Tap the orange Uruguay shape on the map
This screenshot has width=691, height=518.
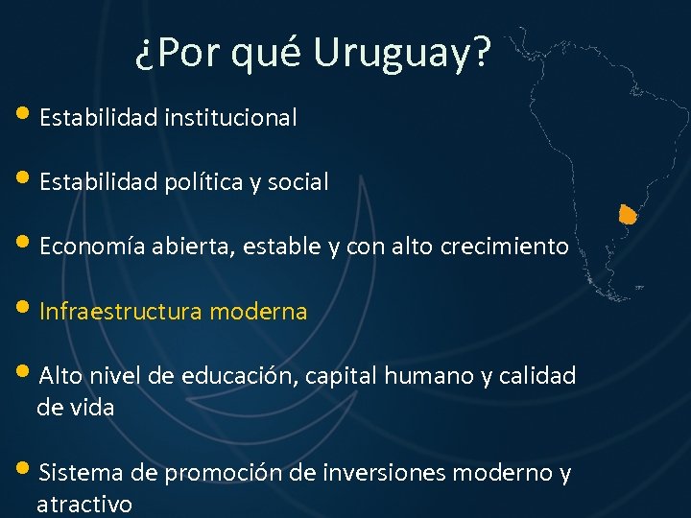(628, 214)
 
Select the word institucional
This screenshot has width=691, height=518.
(230, 118)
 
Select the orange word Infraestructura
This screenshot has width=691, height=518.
(120, 312)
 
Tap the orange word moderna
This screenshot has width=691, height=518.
(258, 312)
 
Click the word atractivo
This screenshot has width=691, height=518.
(84, 505)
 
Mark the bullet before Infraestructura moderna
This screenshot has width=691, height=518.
(23, 309)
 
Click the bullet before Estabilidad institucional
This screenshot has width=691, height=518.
(23, 115)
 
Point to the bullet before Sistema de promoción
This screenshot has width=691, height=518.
(23, 470)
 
